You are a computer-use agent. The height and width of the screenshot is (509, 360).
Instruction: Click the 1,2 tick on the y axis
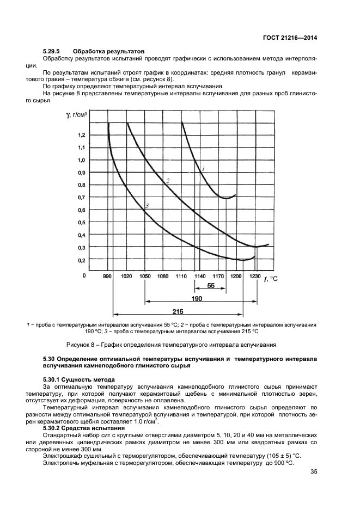click(x=81, y=134)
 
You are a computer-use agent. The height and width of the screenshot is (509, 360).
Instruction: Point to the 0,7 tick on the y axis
click(x=81, y=197)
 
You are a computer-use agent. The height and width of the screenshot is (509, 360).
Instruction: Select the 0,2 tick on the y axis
click(x=81, y=261)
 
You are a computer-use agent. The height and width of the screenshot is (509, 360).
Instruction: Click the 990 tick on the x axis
click(x=107, y=277)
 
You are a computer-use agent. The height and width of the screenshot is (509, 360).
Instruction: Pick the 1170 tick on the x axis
click(x=217, y=277)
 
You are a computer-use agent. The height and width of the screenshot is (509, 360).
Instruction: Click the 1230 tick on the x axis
click(x=254, y=277)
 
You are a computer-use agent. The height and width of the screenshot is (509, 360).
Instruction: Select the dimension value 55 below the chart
click(x=211, y=285)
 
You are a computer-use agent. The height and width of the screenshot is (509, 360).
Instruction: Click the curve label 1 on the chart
click(x=203, y=169)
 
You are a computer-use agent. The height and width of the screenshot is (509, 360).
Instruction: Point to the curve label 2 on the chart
click(x=168, y=181)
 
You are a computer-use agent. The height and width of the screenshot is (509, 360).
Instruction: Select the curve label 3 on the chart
click(x=147, y=205)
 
